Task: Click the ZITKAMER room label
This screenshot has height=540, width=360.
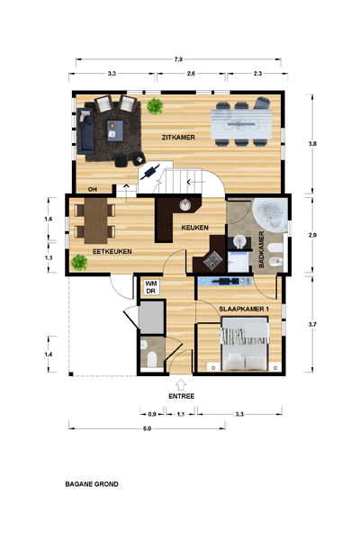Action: tap(178, 138)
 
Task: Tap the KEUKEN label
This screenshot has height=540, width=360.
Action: tap(194, 228)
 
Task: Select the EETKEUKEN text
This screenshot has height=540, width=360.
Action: tap(112, 252)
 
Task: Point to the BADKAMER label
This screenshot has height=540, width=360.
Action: tap(261, 249)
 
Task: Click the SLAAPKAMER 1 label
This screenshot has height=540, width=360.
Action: tap(244, 310)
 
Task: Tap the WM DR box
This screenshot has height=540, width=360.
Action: tap(151, 287)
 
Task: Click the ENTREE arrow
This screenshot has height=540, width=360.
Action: tap(181, 384)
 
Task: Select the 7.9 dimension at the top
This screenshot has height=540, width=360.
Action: tap(178, 59)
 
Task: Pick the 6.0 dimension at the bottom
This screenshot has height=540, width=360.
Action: tap(147, 428)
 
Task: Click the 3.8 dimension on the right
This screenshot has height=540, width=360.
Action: tap(312, 144)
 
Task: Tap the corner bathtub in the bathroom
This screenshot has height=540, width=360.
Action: tap(271, 215)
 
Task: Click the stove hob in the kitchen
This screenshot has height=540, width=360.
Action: tap(212, 260)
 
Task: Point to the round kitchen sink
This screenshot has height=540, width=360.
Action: tap(185, 205)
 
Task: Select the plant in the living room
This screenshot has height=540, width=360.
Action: tap(155, 106)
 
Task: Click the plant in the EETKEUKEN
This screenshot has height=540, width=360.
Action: tap(79, 263)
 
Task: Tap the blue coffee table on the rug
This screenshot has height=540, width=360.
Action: tap(114, 130)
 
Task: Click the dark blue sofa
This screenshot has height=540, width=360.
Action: tap(85, 130)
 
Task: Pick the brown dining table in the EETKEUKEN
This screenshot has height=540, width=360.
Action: tap(95, 220)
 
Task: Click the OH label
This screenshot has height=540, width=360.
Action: tap(92, 189)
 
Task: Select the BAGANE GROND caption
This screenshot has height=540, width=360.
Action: tap(92, 484)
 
